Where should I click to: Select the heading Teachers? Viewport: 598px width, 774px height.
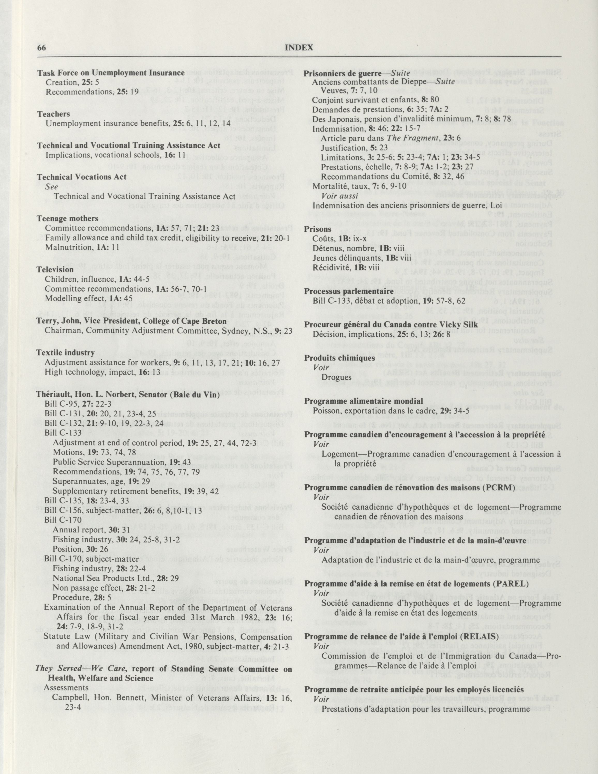[54, 114]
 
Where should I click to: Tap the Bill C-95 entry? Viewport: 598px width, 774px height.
[60, 404]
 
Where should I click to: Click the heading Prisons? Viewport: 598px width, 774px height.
[318, 229]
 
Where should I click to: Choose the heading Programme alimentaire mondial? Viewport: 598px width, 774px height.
[364, 401]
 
